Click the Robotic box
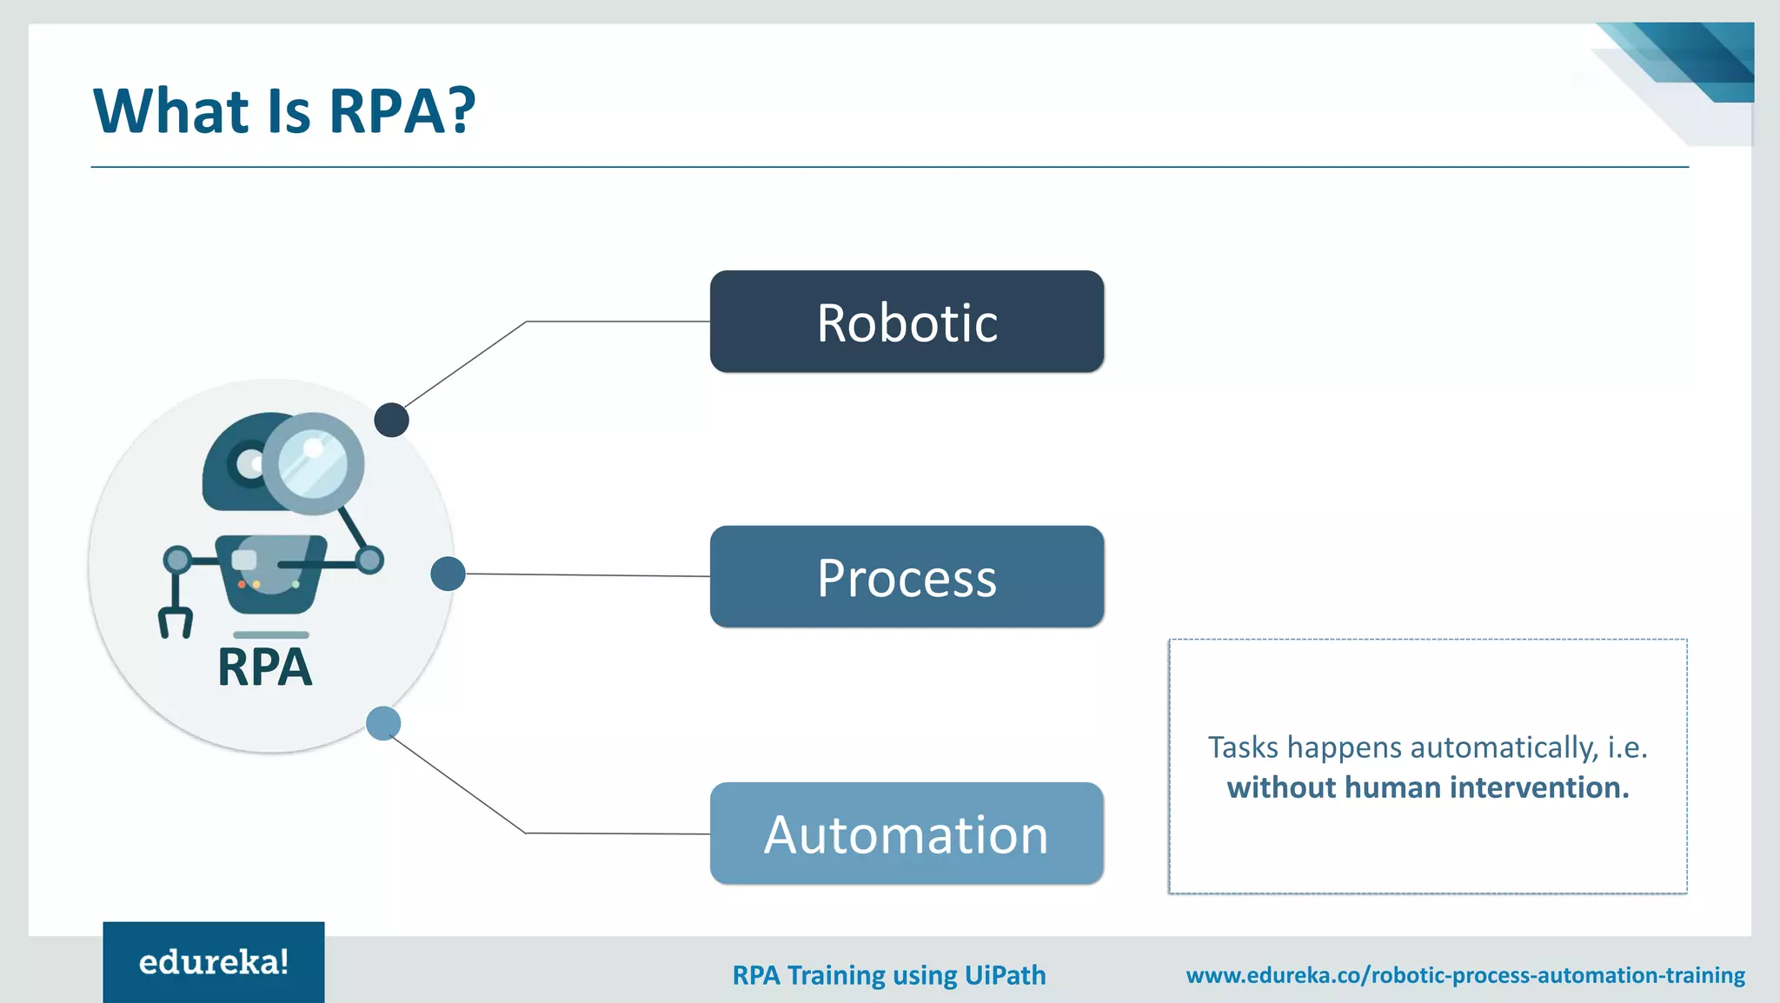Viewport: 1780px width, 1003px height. (907, 322)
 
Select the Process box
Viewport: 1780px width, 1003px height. (907, 576)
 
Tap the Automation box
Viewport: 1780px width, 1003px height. (907, 833)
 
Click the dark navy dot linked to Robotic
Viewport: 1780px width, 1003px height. (391, 420)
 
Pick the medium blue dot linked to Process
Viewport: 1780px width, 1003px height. (448, 574)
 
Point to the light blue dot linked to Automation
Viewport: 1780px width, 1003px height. (383, 723)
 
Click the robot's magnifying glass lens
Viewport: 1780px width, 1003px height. (313, 463)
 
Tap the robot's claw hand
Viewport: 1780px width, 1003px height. (175, 622)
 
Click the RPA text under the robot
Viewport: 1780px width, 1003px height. (264, 668)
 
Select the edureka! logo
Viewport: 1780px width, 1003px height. (214, 962)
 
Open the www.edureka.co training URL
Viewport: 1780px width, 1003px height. (1465, 975)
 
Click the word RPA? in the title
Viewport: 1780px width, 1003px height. (402, 111)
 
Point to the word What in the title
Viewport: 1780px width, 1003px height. (171, 111)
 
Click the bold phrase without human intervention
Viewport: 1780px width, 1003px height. (1428, 787)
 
